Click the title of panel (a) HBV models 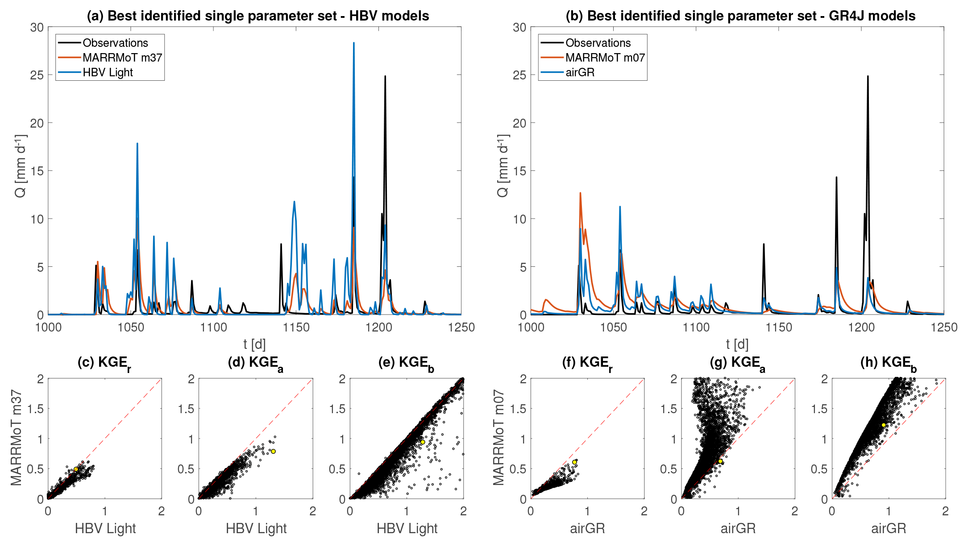[x=258, y=16]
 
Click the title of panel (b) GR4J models [x=740, y=16]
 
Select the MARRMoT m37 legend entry [x=122, y=58]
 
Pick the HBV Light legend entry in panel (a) [x=108, y=72]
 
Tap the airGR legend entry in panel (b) [x=580, y=72]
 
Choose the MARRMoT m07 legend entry [x=605, y=58]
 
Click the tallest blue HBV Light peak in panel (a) [x=353, y=44]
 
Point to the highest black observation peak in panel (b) [x=868, y=77]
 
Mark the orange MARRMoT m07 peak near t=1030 [x=580, y=194]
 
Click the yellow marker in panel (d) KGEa [x=273, y=451]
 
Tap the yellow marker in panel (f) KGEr [x=574, y=462]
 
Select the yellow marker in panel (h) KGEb [x=883, y=425]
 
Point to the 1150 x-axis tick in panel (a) [x=296, y=327]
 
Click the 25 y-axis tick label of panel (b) [x=519, y=75]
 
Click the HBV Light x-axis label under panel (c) [x=105, y=528]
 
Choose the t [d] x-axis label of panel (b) [x=737, y=344]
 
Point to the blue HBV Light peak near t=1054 [x=137, y=144]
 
